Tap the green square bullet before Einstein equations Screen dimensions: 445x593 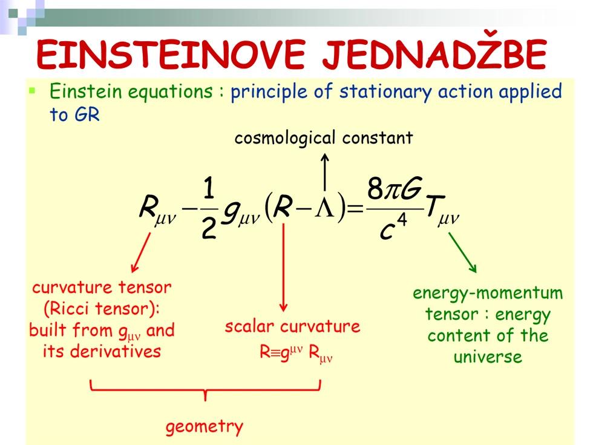pyautogui.click(x=33, y=91)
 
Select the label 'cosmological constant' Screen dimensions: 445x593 pyautogui.click(x=324, y=138)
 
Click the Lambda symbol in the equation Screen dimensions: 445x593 pyautogui.click(x=324, y=209)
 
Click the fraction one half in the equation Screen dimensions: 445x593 pyautogui.click(x=209, y=209)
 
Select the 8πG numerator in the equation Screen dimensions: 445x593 pyautogui.click(x=393, y=191)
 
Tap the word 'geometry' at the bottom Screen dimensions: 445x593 pyautogui.click(x=205, y=427)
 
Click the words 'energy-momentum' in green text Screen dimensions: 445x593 pyautogui.click(x=488, y=294)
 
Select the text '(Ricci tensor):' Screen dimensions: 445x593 pyautogui.click(x=102, y=309)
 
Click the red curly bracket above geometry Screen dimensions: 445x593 pyautogui.click(x=205, y=391)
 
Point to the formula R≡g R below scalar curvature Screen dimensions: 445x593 pyautogui.click(x=292, y=353)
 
